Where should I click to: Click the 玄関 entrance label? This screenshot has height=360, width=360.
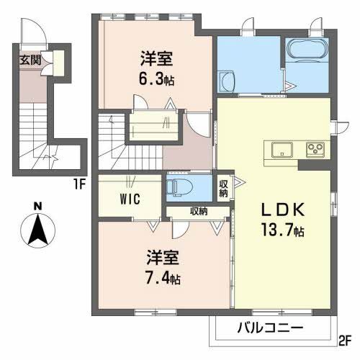tap(30, 60)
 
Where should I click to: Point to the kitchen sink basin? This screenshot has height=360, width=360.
tap(281, 149)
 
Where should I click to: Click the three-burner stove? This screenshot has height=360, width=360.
tap(315, 150)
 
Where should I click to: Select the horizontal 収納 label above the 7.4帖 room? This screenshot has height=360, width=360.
tap(199, 211)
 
